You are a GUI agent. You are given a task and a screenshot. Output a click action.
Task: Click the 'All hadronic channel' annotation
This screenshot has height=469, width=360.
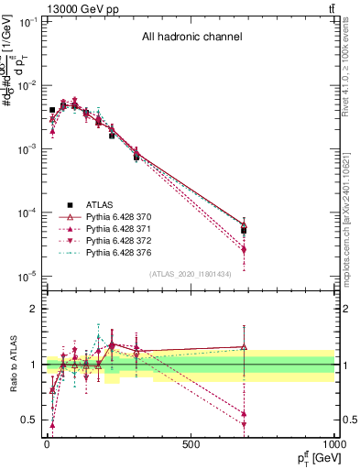click(x=191, y=38)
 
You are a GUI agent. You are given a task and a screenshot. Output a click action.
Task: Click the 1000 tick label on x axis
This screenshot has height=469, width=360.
click(x=332, y=444)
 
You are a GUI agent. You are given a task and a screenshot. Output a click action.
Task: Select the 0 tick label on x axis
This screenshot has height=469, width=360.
click(x=46, y=444)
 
